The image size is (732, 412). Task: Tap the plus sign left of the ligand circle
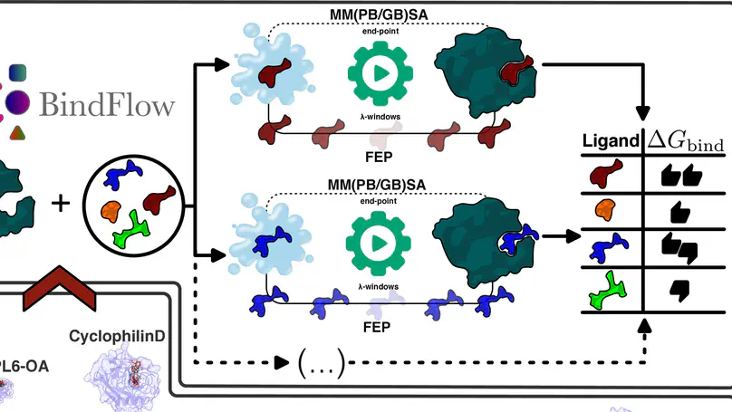(61, 201)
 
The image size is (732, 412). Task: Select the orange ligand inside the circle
(111, 211)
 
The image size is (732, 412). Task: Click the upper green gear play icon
(375, 72)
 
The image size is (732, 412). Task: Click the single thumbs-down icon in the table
(679, 292)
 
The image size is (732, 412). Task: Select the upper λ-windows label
(375, 119)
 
